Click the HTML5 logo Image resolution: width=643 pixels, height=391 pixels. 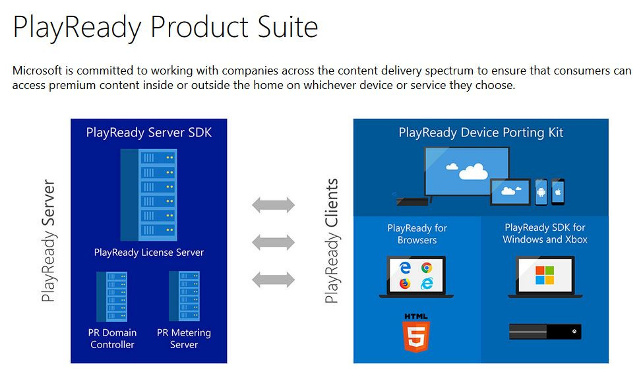pos(416,332)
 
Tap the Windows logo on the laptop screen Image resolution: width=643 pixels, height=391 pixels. pos(545,274)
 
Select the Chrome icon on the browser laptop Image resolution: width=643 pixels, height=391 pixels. pos(427,268)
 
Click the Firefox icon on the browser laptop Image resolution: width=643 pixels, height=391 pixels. pos(405,284)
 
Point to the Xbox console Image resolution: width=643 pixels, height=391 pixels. pos(545,332)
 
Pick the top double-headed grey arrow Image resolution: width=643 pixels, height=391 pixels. pos(273,204)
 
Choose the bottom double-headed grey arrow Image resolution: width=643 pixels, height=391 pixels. pos(273,280)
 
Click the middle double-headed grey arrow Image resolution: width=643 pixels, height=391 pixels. pos(273,242)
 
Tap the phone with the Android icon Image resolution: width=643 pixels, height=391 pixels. pos(541,192)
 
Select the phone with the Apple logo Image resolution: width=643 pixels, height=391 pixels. pos(558,192)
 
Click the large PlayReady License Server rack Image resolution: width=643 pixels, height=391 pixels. pos(148,195)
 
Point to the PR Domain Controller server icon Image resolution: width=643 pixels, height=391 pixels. pos(111,296)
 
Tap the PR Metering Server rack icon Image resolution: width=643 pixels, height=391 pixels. pos(184,296)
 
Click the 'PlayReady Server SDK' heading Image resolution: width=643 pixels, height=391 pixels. pos(149,133)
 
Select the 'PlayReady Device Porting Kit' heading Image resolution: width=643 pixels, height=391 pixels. pos(481,133)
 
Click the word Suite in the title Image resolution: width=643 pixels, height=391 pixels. pos(288,27)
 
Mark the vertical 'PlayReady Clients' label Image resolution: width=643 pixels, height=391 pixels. pos(331,241)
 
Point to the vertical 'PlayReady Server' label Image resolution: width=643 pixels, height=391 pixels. pos(48,241)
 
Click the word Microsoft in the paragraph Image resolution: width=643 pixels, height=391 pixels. pos(37,71)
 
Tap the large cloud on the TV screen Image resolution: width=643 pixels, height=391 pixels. pos(474,171)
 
